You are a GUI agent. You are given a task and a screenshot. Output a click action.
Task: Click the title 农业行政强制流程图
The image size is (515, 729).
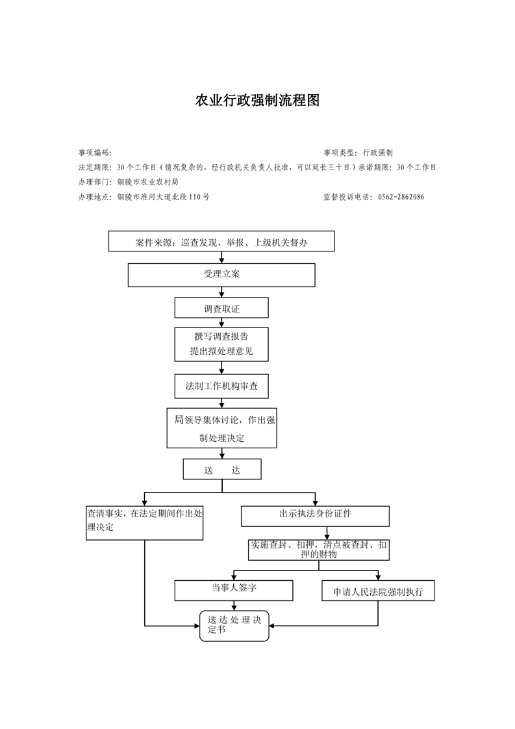point(257,101)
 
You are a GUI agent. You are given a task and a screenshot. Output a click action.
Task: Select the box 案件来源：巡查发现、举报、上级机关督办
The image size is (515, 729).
point(221,242)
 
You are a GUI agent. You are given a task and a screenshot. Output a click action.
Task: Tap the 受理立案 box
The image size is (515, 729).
point(221,275)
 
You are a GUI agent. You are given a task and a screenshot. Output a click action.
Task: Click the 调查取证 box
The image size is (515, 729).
point(221,308)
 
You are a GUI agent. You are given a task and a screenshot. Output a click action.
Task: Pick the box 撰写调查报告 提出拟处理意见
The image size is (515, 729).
point(221,344)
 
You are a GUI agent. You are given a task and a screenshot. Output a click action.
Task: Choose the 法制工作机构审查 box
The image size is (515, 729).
point(221,385)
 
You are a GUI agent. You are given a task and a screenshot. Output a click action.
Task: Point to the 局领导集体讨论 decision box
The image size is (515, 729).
point(221,428)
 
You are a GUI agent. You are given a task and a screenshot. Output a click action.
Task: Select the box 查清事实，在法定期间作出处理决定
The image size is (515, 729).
point(145,522)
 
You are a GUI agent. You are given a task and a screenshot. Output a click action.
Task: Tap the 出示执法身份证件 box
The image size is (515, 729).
point(315,515)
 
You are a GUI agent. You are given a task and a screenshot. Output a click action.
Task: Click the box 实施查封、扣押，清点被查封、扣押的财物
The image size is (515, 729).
point(319,550)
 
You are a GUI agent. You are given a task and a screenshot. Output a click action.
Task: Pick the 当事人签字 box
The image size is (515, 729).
point(234,590)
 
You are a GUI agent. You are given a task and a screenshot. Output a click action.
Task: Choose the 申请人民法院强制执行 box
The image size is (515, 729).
point(378,591)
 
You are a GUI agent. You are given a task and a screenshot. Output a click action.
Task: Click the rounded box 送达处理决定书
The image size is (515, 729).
point(234,625)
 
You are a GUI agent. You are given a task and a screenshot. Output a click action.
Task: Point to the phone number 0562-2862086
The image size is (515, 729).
point(401,197)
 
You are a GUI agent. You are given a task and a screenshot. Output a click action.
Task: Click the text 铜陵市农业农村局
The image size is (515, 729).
point(147,183)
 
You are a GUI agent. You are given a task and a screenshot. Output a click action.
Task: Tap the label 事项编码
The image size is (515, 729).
point(94,153)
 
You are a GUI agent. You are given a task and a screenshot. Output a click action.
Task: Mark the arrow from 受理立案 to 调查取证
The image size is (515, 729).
point(221,292)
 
